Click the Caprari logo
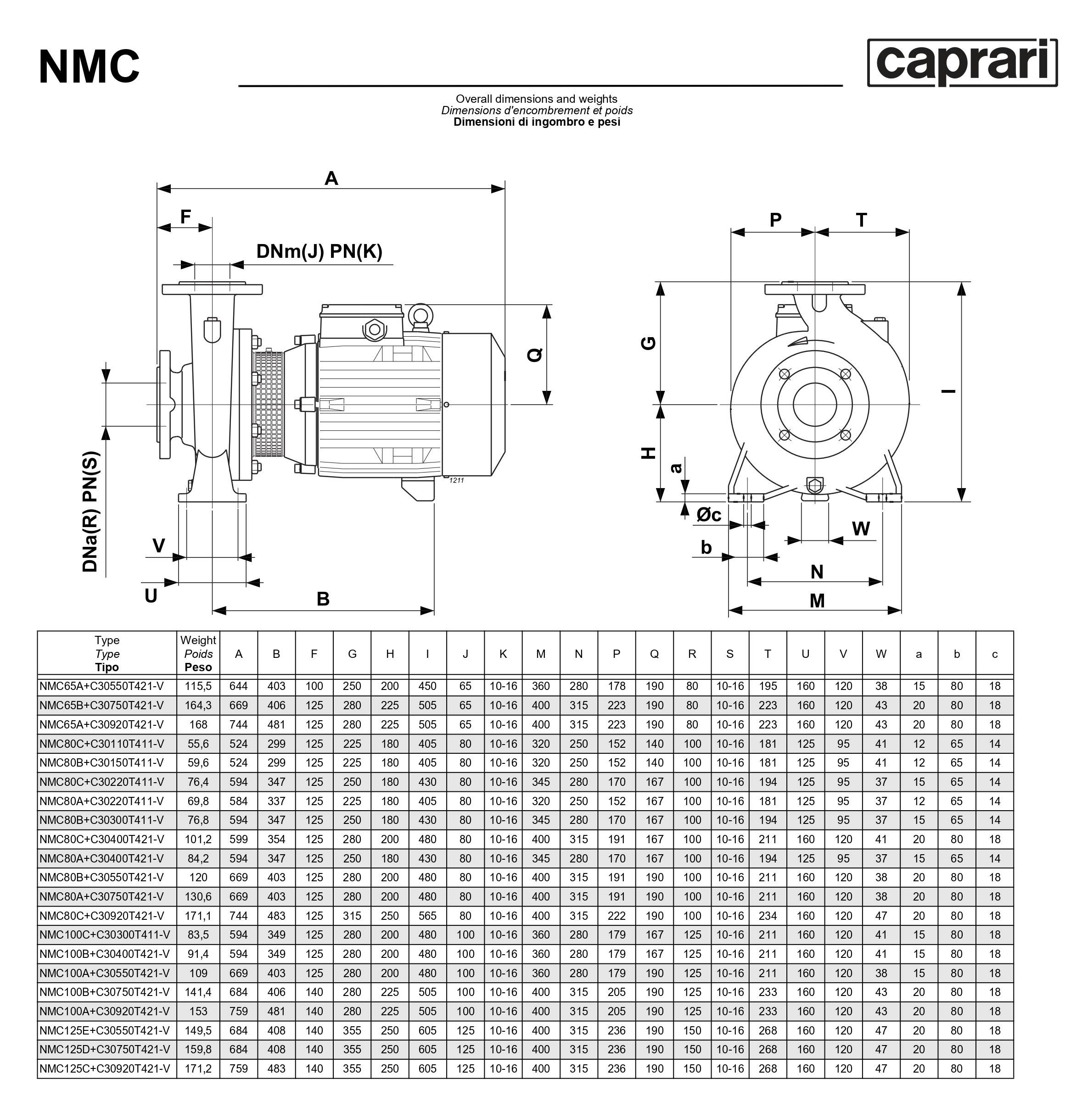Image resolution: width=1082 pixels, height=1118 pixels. pyautogui.click(x=962, y=63)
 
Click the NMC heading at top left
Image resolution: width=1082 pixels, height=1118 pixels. pyautogui.click(x=89, y=67)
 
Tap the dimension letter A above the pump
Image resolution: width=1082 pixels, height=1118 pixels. pyautogui.click(x=331, y=178)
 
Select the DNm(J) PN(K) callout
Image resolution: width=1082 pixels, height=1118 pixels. pyautogui.click(x=319, y=251)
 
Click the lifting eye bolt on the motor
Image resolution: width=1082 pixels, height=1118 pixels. pyautogui.click(x=420, y=315)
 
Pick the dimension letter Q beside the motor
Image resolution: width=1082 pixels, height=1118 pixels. pyautogui.click(x=535, y=355)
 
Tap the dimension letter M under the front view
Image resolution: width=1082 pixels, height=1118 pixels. pyautogui.click(x=817, y=600)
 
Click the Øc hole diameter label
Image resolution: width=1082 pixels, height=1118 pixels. pyautogui.click(x=709, y=515)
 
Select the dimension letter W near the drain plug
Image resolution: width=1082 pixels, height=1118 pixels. pyautogui.click(x=861, y=529)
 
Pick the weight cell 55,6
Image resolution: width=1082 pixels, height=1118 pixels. pyautogui.click(x=198, y=744)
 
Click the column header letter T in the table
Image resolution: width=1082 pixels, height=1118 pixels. pyautogui.click(x=768, y=654)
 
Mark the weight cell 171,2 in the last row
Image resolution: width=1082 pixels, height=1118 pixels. pyautogui.click(x=198, y=1068)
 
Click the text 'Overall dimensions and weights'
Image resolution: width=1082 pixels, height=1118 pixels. pyautogui.click(x=537, y=99)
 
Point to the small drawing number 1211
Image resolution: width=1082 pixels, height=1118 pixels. pyautogui.click(x=457, y=480)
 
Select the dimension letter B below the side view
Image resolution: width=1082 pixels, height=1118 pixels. pyautogui.click(x=323, y=599)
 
